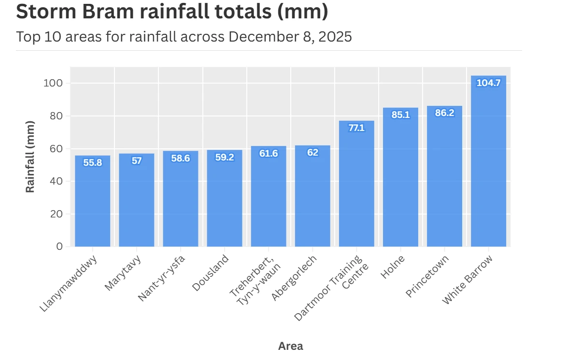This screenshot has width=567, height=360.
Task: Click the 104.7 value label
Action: click(x=488, y=83)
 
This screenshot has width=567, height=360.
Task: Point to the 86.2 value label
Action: click(x=444, y=114)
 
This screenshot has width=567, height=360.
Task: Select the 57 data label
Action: click(x=137, y=161)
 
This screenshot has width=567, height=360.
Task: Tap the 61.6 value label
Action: click(x=269, y=154)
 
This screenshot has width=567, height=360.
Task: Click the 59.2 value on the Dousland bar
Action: click(x=225, y=157)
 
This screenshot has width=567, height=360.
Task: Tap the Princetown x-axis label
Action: click(x=427, y=276)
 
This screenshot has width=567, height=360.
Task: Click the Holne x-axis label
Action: click(x=393, y=267)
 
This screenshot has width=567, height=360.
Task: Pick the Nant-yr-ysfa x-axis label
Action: click(x=161, y=278)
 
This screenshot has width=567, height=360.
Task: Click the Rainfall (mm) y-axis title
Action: click(x=30, y=157)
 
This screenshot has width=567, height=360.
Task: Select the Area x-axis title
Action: click(x=291, y=346)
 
